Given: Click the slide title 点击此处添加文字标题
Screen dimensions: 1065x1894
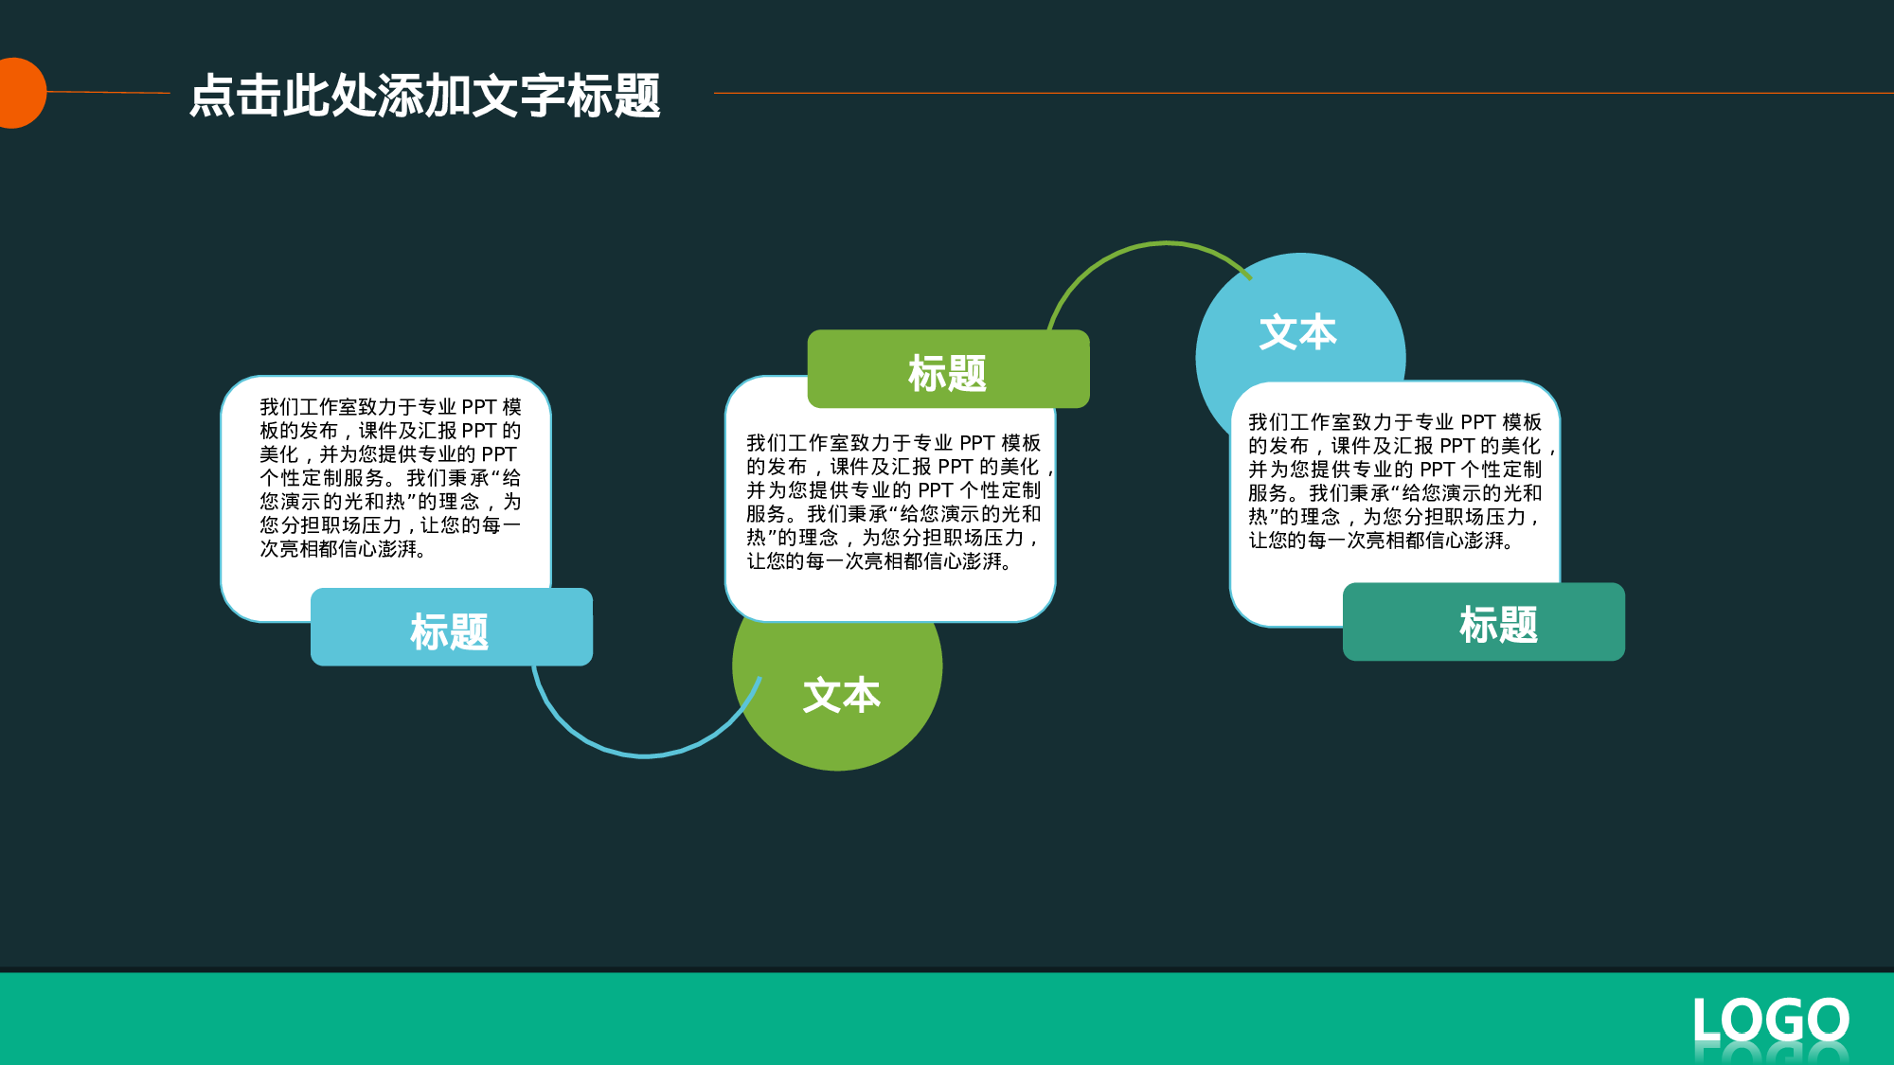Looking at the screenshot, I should click(x=424, y=96).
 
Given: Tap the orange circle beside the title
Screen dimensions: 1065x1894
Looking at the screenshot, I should click(x=17, y=93).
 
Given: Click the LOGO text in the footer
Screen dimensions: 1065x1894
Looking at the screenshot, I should click(x=1770, y=1021).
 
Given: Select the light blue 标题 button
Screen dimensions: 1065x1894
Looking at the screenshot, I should click(x=451, y=629).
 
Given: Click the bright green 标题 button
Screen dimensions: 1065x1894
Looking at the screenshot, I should click(x=948, y=371).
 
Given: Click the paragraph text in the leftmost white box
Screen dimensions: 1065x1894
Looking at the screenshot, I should click(x=389, y=478).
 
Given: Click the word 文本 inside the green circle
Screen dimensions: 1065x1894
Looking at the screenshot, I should click(x=841, y=695).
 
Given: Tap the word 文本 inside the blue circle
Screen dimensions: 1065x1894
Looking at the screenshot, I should click(x=1297, y=332).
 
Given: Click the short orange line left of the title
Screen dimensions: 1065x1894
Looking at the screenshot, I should click(x=108, y=92).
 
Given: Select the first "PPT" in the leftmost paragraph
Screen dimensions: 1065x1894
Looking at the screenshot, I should click(x=479, y=407).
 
